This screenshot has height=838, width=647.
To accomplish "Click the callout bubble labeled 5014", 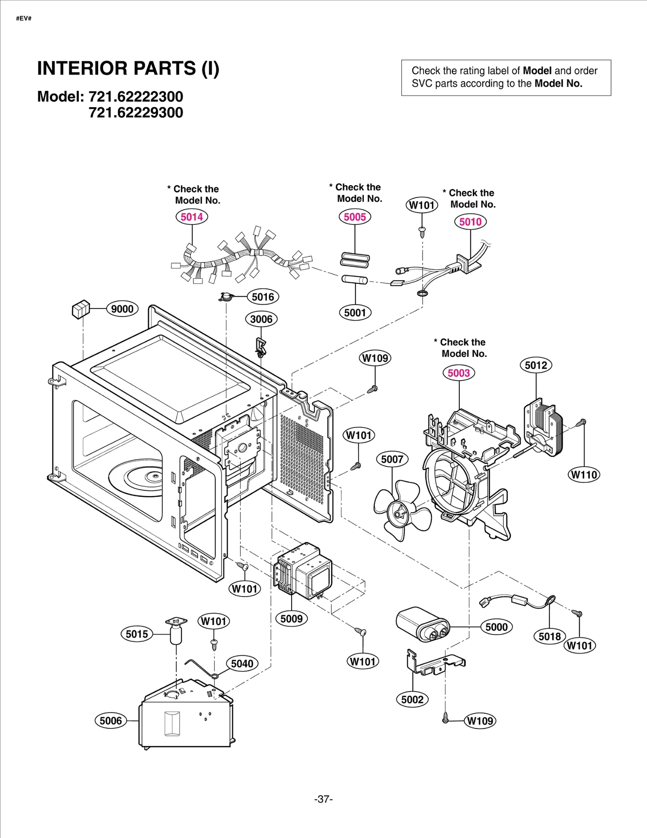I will (x=192, y=217).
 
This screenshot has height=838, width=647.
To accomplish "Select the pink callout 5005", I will (x=355, y=217).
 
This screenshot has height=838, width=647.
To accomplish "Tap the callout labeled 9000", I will (x=122, y=309).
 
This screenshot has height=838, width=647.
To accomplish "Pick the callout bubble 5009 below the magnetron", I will (x=291, y=619).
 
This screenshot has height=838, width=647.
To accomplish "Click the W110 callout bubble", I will (x=584, y=475).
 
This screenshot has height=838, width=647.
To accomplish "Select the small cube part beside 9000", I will (x=80, y=310).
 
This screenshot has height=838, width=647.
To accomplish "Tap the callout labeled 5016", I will (x=263, y=297).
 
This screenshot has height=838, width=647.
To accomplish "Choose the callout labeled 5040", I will (x=242, y=664).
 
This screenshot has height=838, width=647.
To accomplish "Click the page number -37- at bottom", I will (x=323, y=799).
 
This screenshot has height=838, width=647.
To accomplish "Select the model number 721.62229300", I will (x=136, y=113).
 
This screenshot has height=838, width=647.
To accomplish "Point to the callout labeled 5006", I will (x=110, y=721).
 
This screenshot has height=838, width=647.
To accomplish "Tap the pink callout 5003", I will (x=459, y=373).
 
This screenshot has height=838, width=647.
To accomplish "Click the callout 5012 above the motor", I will (x=535, y=365).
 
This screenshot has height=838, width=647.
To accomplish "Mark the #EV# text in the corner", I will (x=24, y=19).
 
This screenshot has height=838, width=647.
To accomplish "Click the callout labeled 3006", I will (x=261, y=319).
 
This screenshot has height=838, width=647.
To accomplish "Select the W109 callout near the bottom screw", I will (x=480, y=721).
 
